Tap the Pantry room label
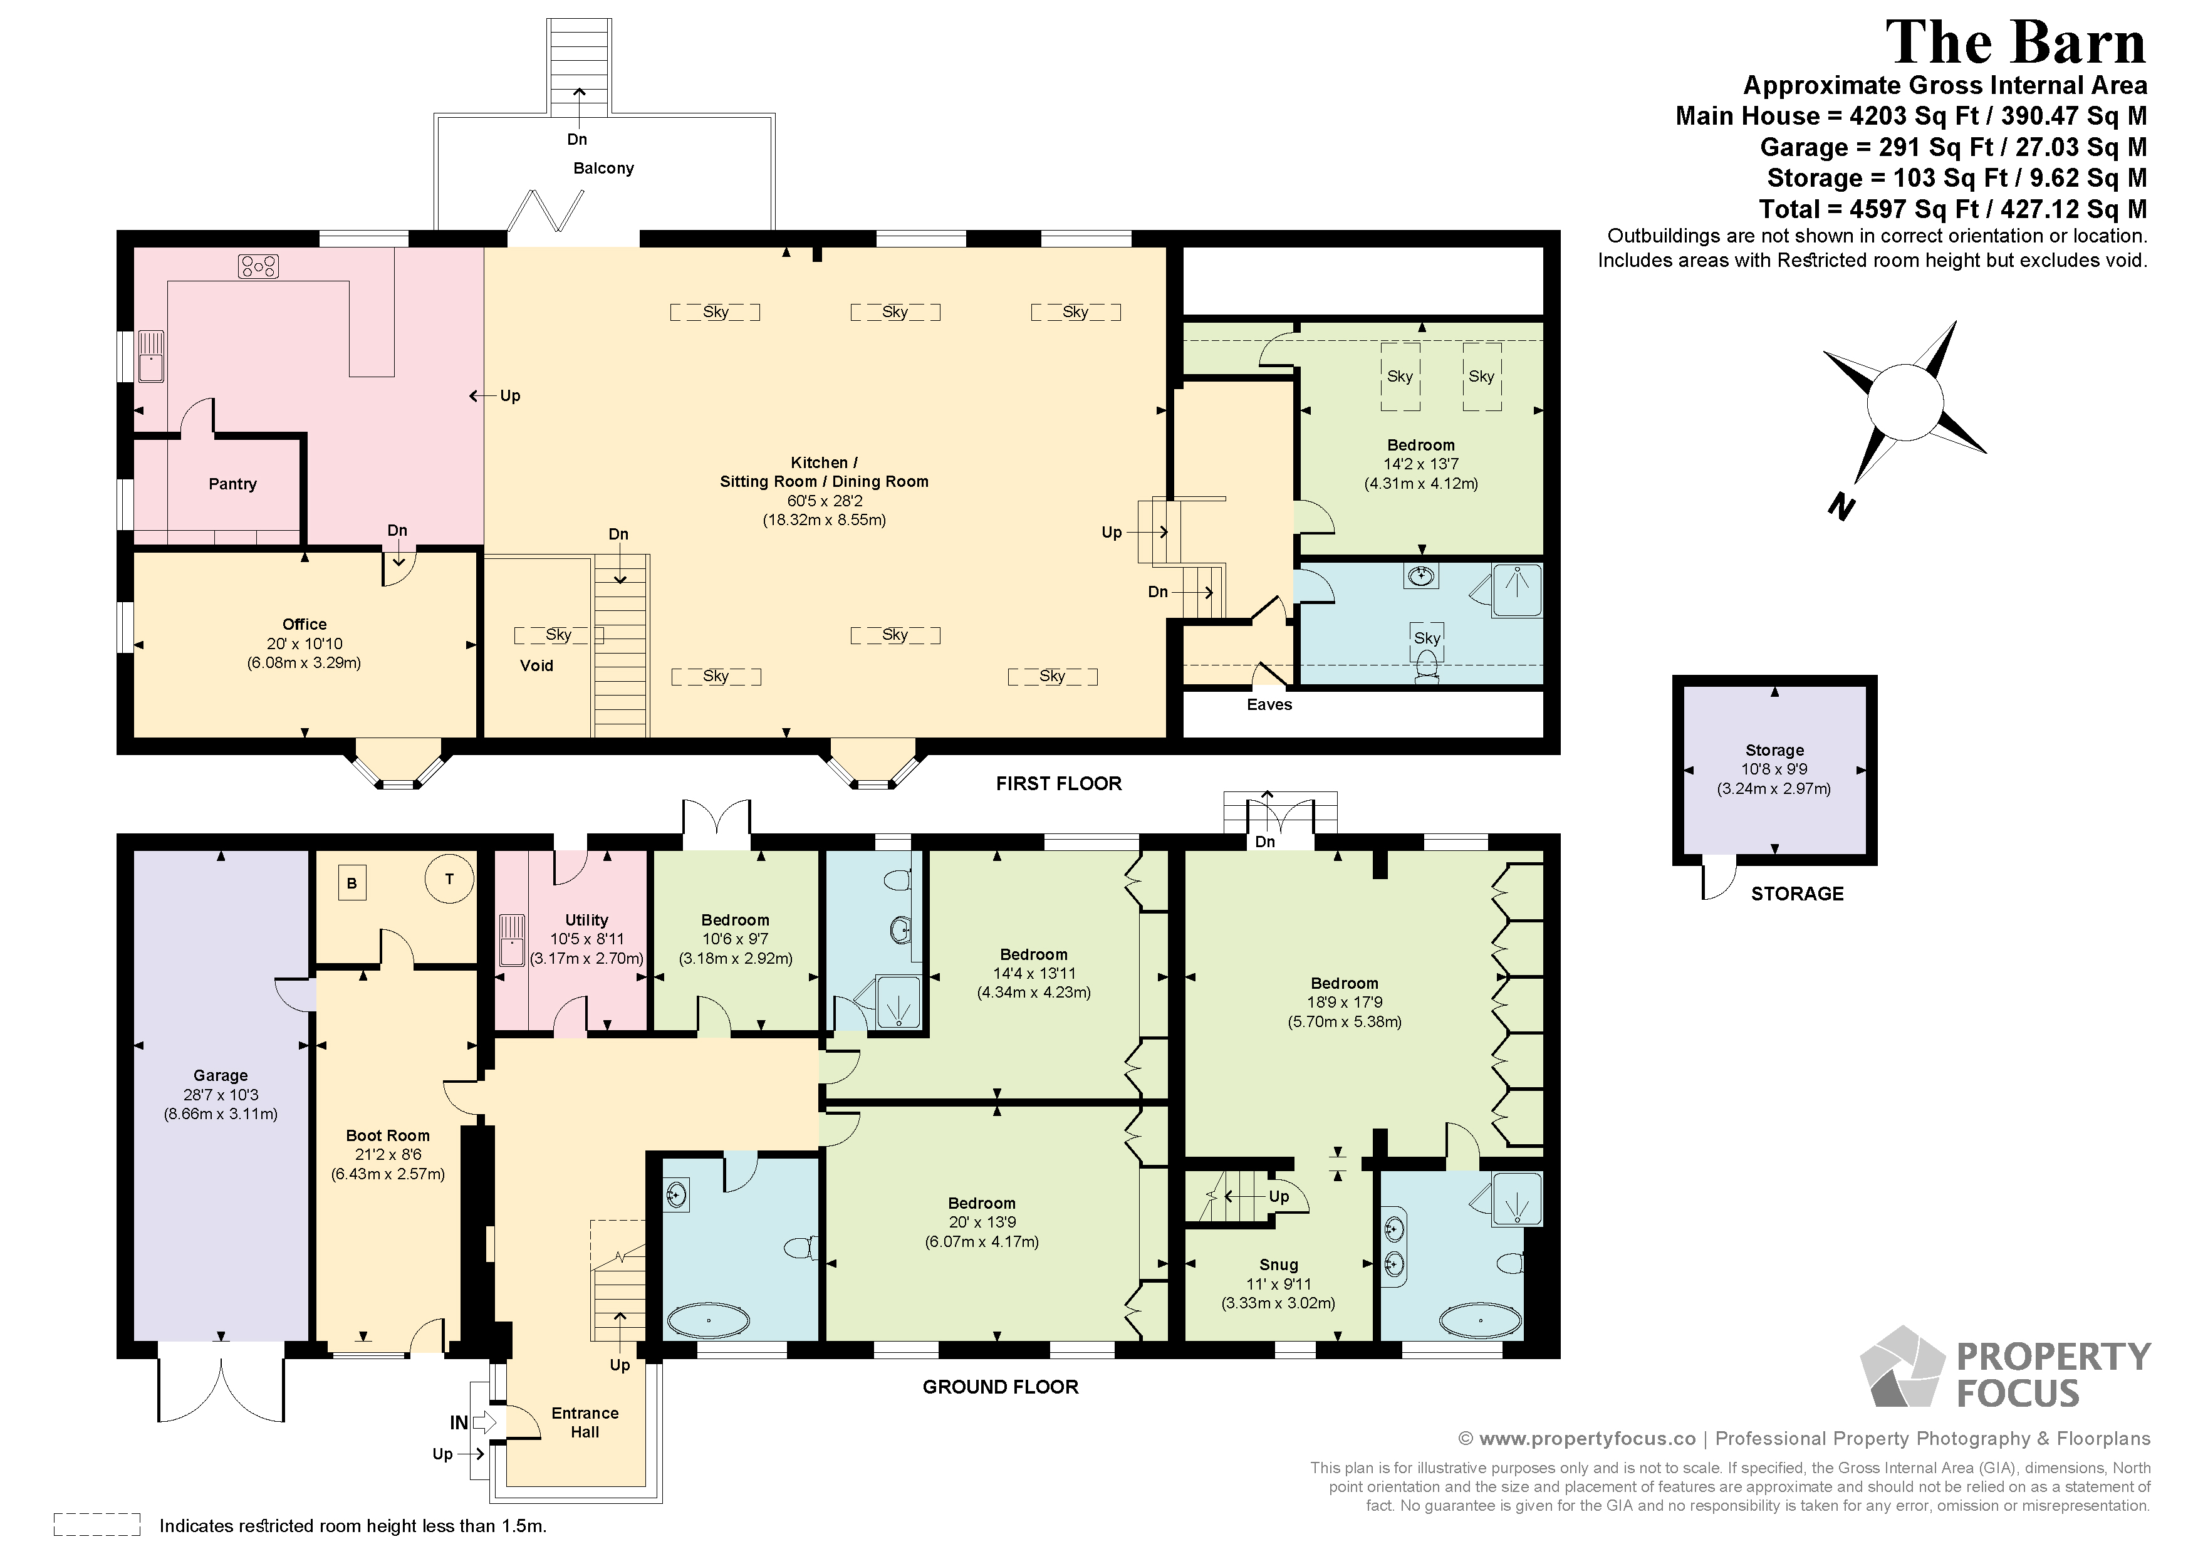232,484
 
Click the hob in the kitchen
259,266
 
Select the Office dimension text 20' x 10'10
305,644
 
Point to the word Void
537,665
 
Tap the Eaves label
1269,705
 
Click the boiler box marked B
352,883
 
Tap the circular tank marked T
449,878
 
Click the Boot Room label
388,1135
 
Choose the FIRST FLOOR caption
1059,784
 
